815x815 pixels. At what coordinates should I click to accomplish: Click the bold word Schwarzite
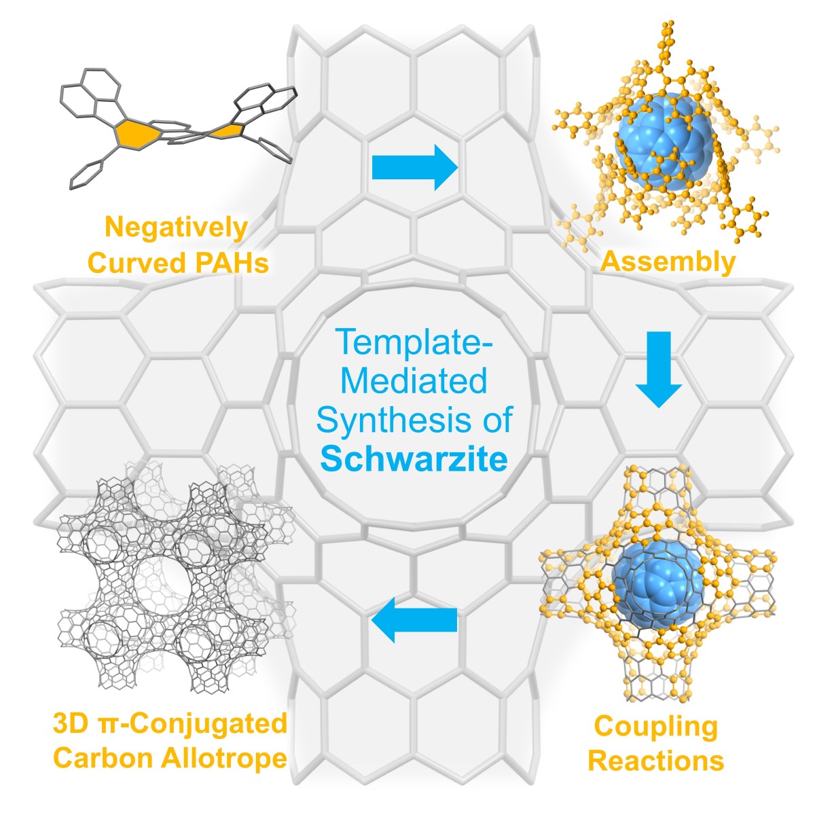pos(414,460)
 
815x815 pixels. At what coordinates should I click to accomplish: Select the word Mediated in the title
pos(414,380)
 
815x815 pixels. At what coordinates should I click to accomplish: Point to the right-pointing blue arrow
pos(415,167)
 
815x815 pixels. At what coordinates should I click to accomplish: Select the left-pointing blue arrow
pos(414,620)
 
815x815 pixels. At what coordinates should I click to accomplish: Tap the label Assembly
pos(668,261)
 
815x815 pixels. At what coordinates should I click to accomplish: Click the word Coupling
pos(655,727)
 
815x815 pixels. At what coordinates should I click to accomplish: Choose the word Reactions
pos(655,760)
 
